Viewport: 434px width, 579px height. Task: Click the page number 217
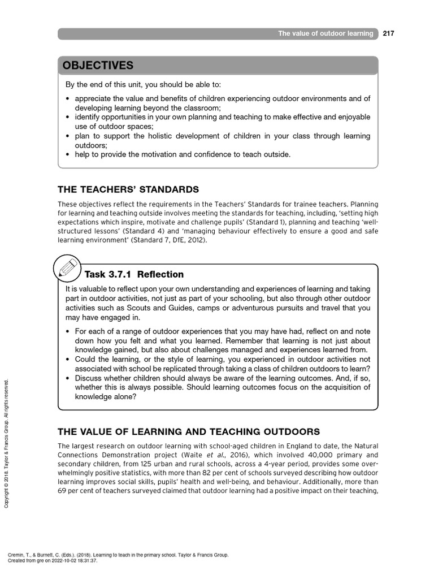point(388,33)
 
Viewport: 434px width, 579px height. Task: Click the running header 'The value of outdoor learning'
point(325,34)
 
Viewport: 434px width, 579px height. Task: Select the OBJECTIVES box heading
point(98,66)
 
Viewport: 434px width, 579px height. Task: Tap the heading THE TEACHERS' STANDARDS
point(128,189)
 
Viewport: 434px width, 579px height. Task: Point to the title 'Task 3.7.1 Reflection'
point(134,275)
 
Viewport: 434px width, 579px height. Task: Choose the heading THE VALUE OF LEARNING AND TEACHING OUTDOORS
point(189,432)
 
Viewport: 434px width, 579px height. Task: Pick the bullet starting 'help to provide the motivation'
point(183,154)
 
